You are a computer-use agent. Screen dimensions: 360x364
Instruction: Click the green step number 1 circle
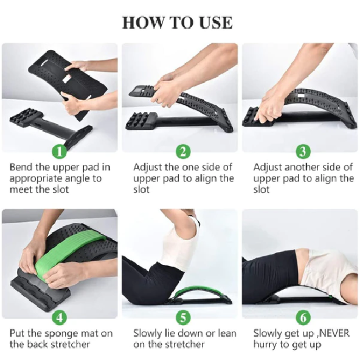tap(60, 152)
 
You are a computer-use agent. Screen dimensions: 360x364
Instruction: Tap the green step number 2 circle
tap(183, 152)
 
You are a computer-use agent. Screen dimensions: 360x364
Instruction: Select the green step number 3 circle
tap(303, 152)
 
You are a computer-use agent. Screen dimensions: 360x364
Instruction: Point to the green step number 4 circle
tap(60, 317)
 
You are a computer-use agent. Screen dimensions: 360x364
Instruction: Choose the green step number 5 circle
tap(183, 317)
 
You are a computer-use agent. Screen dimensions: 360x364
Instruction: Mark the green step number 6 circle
tap(303, 317)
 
